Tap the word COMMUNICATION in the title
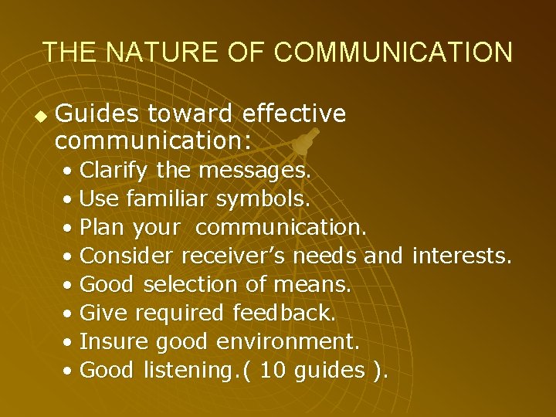tap(392, 53)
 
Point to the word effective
tap(293, 114)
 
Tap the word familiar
tap(166, 199)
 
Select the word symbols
tap(263, 199)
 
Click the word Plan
tap(103, 229)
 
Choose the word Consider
tap(128, 256)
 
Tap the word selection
tap(192, 285)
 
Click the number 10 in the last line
tap(273, 370)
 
